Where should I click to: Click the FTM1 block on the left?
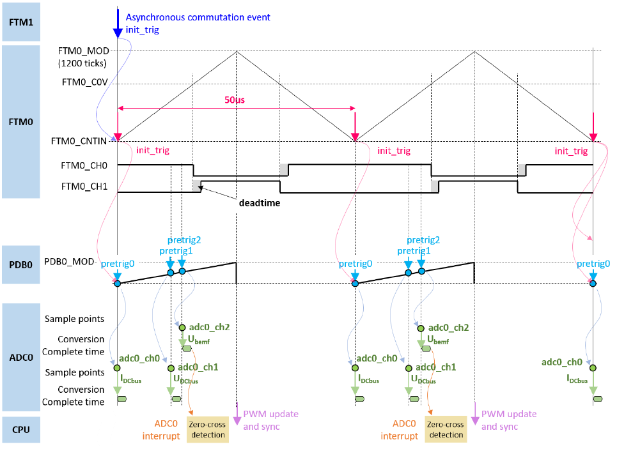pyautogui.click(x=21, y=22)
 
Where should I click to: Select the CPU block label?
pyautogui.click(x=21, y=430)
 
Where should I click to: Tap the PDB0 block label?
pyautogui.click(x=21, y=264)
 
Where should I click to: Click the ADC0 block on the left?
pyautogui.click(x=21, y=358)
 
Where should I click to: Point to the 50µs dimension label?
pyautogui.click(x=235, y=100)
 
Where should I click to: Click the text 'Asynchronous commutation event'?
pyautogui.click(x=198, y=17)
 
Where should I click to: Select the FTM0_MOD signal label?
pyautogui.click(x=83, y=51)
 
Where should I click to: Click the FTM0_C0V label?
pyautogui.click(x=84, y=82)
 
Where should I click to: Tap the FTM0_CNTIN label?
pyautogui.click(x=79, y=141)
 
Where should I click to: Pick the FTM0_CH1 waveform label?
pyautogui.click(x=84, y=186)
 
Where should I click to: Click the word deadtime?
pyautogui.click(x=260, y=203)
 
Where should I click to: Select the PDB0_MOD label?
pyautogui.click(x=69, y=262)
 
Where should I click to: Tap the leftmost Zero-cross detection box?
pyautogui.click(x=207, y=429)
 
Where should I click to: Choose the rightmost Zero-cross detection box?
pyautogui.click(x=446, y=429)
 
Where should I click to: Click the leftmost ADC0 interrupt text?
pyautogui.click(x=161, y=430)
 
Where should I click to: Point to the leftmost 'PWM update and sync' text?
pyautogui.click(x=270, y=420)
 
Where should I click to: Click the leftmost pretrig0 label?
pyautogui.click(x=118, y=264)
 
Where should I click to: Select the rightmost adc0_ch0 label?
pyautogui.click(x=561, y=362)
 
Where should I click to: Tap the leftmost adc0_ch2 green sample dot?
pyautogui.click(x=182, y=328)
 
